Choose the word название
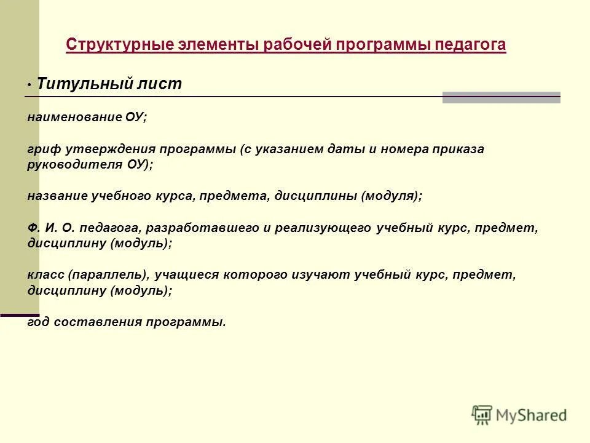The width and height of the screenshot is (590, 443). [57, 196]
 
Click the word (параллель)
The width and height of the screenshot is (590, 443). [108, 275]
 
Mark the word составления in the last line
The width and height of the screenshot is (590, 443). [99, 322]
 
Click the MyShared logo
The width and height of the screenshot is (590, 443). [519, 415]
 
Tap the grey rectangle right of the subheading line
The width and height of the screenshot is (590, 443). [502, 97]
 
